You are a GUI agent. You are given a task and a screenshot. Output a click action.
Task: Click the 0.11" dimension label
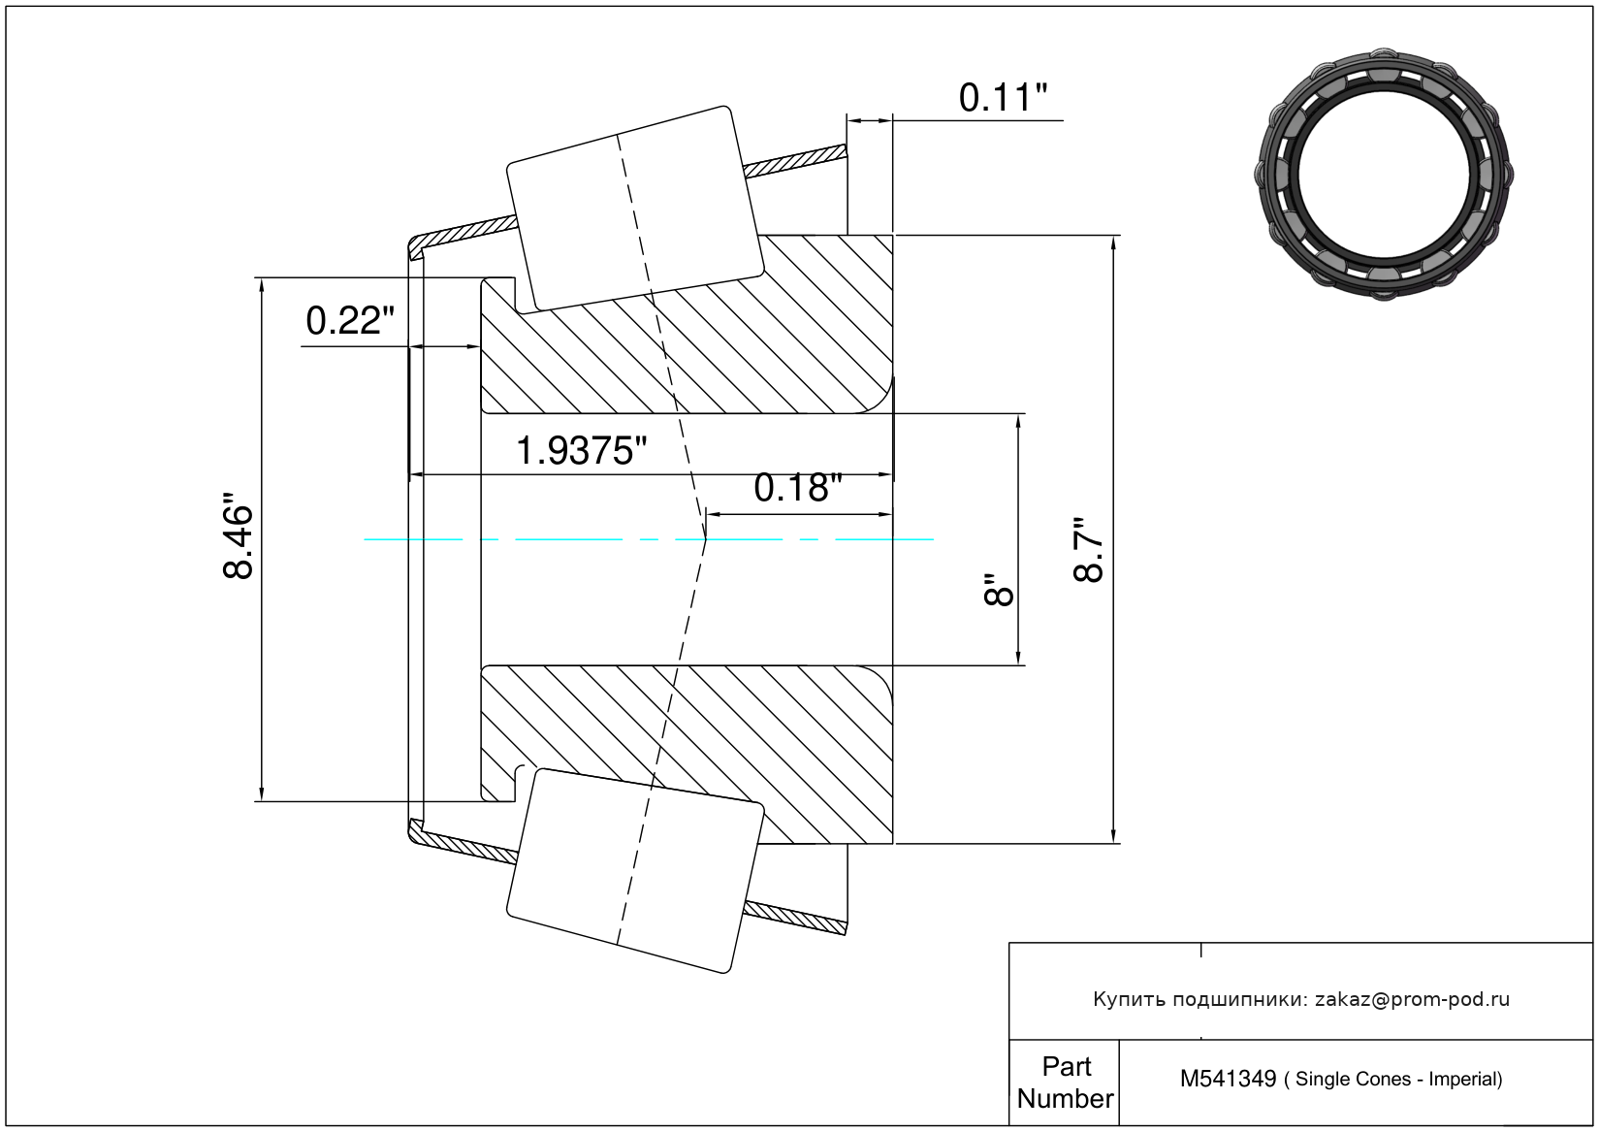tap(1003, 98)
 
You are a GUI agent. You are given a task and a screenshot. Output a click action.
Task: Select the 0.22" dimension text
tap(350, 321)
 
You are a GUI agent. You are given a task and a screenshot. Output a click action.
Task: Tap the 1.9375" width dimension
tap(581, 451)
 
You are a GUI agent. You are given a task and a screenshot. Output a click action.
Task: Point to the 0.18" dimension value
tap(798, 488)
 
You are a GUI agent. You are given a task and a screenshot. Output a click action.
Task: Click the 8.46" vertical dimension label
tap(238, 535)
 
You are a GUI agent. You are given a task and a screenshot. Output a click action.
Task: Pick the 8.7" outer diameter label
tap(1089, 550)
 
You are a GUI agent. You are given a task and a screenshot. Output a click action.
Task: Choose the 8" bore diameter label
tap(998, 590)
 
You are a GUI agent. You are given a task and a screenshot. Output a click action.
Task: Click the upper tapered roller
tap(635, 210)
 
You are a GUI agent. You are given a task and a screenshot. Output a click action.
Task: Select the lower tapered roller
tap(635, 871)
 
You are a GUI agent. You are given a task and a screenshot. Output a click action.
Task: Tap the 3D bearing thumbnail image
tap(1384, 175)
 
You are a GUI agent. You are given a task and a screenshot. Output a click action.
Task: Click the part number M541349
tap(1228, 1079)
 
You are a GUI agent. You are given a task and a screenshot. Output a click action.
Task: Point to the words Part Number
tap(1066, 1083)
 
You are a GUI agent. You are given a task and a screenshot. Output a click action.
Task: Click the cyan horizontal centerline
tap(649, 539)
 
